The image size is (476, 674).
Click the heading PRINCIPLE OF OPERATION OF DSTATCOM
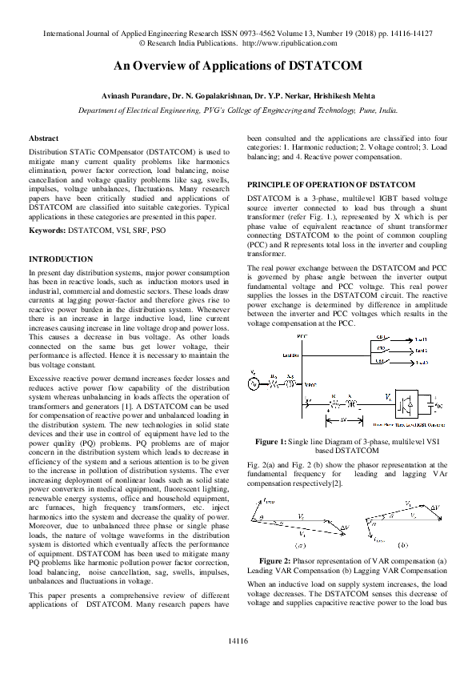click(x=330, y=184)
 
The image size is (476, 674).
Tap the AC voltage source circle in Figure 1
click(x=253, y=384)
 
